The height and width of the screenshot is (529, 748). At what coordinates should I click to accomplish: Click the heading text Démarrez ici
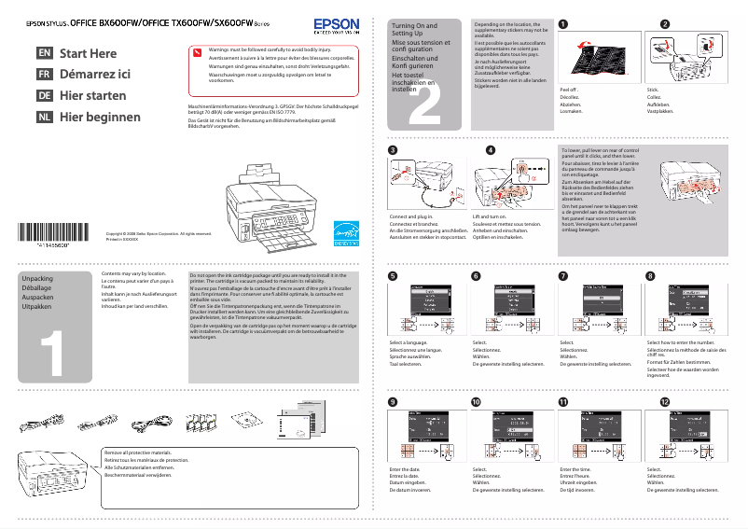point(95,75)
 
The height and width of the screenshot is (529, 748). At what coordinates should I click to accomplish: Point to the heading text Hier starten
point(92,96)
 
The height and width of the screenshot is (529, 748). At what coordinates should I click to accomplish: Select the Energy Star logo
point(346,231)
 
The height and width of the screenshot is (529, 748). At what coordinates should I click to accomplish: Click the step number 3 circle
point(394,150)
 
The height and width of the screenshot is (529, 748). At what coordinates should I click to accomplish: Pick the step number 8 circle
point(651,276)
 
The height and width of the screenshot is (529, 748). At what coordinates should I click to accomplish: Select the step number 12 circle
point(664,401)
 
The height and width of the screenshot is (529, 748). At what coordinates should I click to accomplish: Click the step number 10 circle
point(477,401)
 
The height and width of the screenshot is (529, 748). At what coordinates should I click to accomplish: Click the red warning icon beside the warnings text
point(198,52)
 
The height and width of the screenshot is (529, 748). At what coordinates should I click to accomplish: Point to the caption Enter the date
point(405,468)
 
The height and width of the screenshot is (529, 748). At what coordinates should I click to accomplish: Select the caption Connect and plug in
point(410,216)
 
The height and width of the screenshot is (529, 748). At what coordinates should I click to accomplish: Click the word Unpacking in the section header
point(37,279)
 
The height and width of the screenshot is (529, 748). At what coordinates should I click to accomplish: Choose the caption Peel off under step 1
point(568,90)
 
